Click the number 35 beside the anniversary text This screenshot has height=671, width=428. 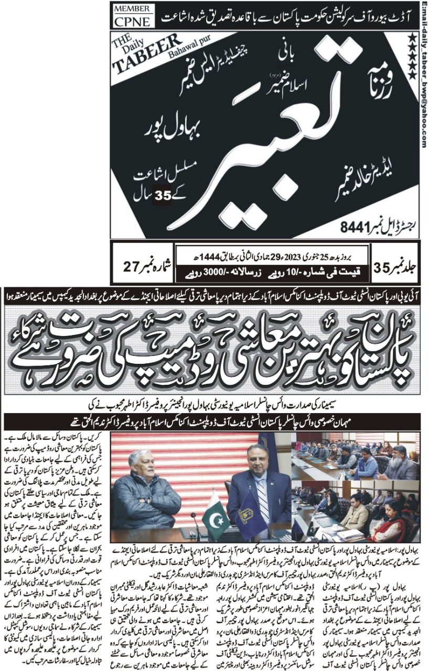159,198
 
